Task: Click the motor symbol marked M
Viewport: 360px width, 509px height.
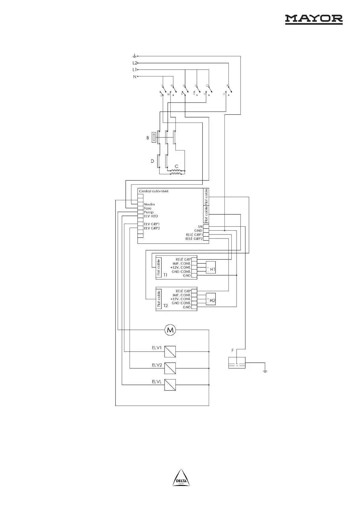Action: (170, 330)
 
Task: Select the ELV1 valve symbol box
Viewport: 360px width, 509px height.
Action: (170, 352)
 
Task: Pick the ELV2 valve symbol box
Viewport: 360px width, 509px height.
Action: (170, 368)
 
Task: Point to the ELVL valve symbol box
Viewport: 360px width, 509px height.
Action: (170, 385)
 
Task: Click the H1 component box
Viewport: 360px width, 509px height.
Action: (211, 268)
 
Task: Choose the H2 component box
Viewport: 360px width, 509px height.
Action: (211, 299)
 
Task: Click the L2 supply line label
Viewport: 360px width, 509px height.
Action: (135, 63)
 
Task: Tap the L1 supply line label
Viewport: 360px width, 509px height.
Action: (135, 70)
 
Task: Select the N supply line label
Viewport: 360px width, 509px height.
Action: (135, 77)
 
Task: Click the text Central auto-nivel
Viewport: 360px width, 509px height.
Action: (153, 191)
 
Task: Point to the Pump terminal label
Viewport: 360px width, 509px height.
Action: (149, 212)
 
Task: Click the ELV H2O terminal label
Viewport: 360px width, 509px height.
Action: (151, 216)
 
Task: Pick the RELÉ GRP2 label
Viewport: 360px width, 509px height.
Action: (194, 239)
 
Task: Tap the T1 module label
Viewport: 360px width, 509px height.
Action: (165, 275)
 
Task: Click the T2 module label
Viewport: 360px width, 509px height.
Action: (165, 306)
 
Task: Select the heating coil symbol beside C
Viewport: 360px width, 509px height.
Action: (176, 172)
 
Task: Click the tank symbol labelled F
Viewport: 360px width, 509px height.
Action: (237, 363)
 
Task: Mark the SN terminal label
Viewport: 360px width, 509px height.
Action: (200, 227)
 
